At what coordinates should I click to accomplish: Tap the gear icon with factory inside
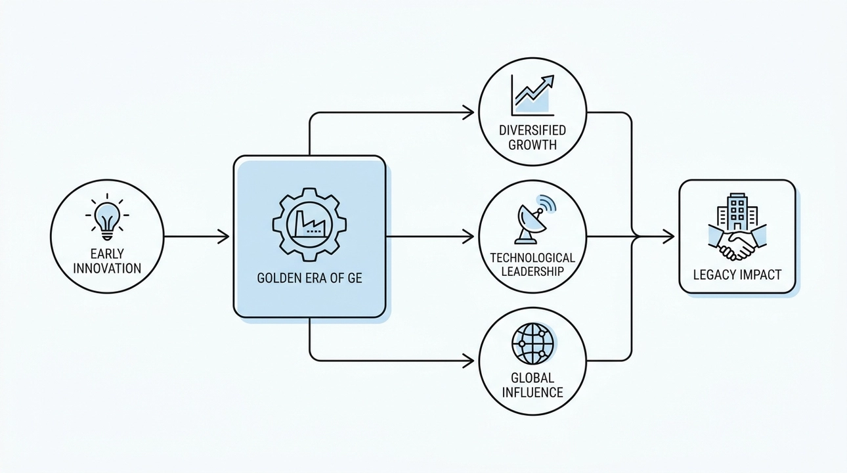point(309,224)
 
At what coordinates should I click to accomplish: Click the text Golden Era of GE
point(309,278)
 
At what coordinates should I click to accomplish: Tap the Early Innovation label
point(107,260)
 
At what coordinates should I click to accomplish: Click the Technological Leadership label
point(532,264)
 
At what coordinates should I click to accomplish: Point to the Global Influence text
point(532,386)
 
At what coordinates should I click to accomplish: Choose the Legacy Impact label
point(737,274)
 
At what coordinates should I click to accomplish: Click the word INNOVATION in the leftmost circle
point(107,268)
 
